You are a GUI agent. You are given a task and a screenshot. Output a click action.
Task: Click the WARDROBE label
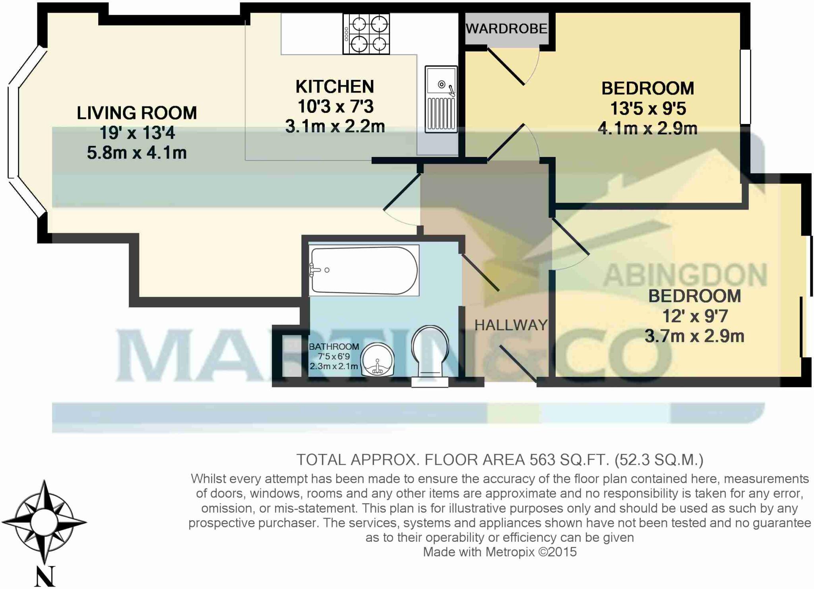[x=506, y=29]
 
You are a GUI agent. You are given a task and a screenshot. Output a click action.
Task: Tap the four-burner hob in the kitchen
[x=366, y=34]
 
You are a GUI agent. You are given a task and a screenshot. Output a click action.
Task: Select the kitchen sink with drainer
[x=441, y=99]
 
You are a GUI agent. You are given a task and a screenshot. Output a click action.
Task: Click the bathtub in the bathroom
[x=364, y=270]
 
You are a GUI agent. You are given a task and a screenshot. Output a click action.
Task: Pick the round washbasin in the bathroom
[x=377, y=360]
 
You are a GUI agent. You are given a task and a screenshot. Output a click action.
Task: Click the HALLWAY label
[x=511, y=325]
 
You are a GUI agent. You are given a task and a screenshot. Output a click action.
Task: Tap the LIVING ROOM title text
[x=137, y=113]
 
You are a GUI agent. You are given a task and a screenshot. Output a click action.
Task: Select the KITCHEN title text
[x=335, y=87]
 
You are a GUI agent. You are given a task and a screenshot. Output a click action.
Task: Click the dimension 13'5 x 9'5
[x=648, y=108]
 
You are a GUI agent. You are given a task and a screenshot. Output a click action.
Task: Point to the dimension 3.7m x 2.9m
[x=694, y=336]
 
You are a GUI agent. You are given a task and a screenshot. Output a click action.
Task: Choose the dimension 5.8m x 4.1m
[x=137, y=153]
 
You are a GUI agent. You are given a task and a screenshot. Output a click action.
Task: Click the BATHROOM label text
[x=334, y=347]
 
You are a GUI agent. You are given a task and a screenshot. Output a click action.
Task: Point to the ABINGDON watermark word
[x=685, y=275]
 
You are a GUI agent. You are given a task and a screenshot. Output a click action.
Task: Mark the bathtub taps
[x=316, y=270]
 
